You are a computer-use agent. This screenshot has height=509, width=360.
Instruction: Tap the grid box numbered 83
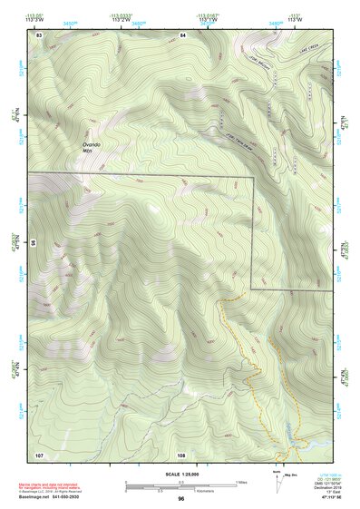click(39, 34)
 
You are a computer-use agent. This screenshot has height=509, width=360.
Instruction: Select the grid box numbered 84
click(182, 34)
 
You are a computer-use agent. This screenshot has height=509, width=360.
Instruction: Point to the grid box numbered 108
click(181, 454)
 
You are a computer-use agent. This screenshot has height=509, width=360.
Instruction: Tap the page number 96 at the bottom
click(181, 499)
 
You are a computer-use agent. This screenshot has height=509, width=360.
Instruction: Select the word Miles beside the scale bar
click(241, 482)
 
